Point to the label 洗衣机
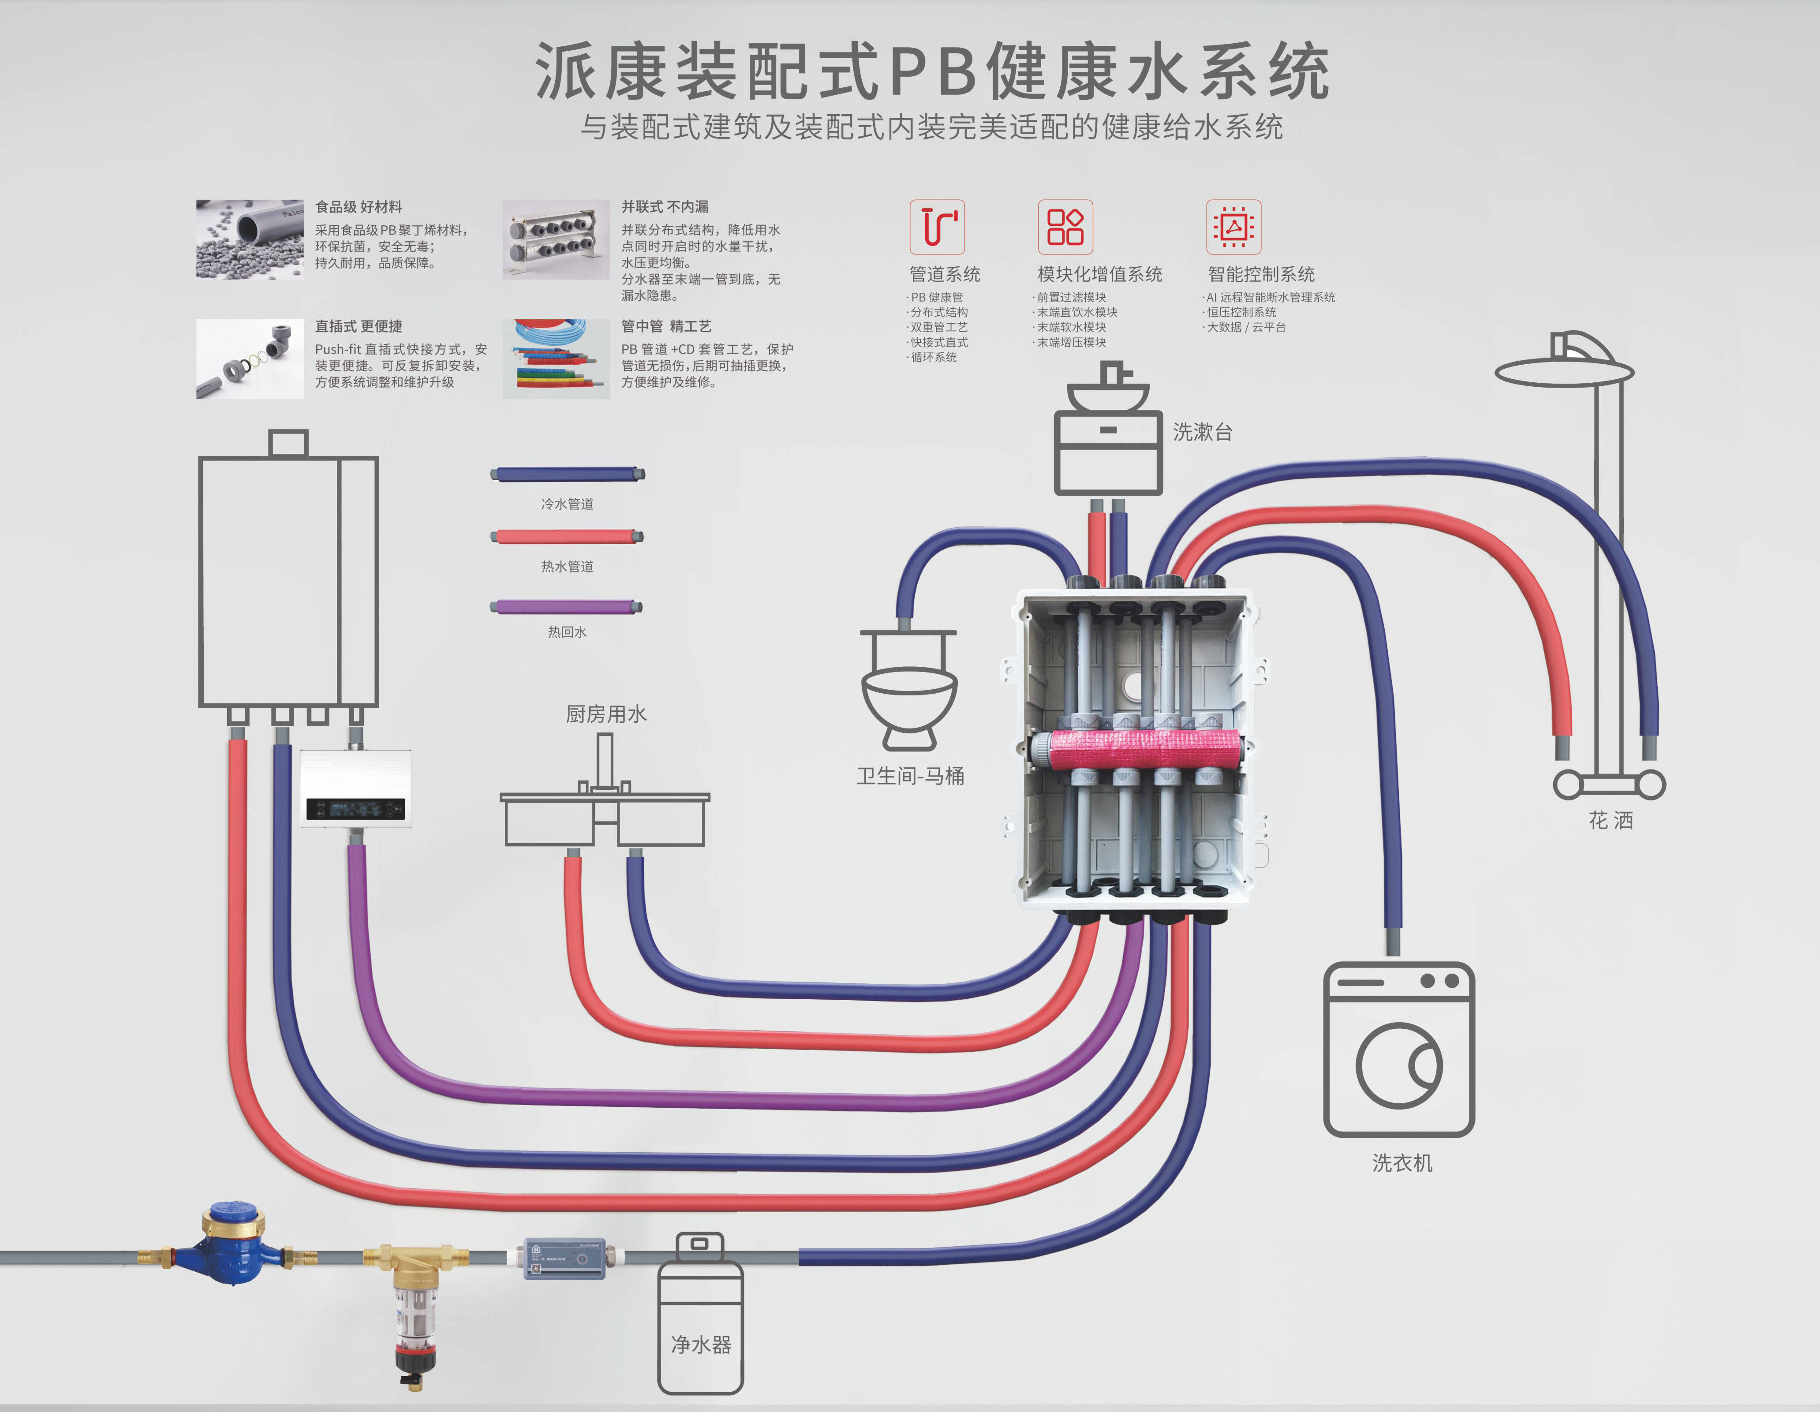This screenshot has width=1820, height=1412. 1401,1163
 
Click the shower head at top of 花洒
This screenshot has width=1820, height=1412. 1564,367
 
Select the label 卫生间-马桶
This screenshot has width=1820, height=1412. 910,776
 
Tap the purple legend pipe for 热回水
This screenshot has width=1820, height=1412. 567,606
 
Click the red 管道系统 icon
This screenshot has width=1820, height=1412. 937,227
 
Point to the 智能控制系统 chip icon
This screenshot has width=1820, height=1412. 1233,227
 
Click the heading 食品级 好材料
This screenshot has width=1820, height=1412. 359,207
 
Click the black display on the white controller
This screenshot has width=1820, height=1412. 355,808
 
